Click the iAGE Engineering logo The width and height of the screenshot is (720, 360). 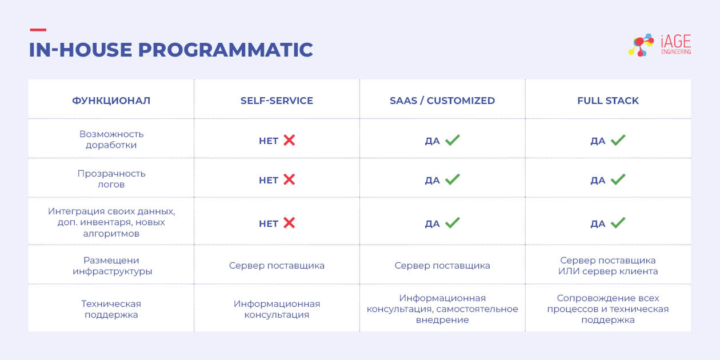pos(659,45)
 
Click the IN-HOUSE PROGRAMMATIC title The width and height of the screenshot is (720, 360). pos(171,50)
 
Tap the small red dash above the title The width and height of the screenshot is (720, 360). pos(37,30)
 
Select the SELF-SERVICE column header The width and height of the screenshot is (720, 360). pos(277,101)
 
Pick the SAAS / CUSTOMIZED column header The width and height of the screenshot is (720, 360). pos(442,101)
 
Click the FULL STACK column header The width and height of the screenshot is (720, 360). pos(608,101)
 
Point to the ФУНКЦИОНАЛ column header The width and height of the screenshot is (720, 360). pos(111,101)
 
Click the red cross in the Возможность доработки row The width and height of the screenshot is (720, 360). pos(289,140)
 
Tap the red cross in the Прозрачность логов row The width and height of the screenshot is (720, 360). pos(289,179)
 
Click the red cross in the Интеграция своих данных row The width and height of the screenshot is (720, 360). pos(289,223)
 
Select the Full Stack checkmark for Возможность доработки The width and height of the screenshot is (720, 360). pos(618,140)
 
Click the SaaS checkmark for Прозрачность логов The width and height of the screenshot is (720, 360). pos(453,179)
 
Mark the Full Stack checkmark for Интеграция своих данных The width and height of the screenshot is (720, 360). pos(618,223)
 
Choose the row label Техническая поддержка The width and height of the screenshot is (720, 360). pos(111,309)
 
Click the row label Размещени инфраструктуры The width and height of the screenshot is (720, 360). pos(111,266)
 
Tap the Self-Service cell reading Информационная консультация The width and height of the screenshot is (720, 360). pos(277,309)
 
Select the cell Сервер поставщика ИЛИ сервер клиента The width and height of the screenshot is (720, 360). pos(608,266)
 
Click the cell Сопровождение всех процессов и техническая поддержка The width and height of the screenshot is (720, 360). pos(608,309)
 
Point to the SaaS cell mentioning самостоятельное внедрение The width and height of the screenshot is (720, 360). pos(442,309)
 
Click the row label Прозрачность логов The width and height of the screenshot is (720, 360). pos(111,179)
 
